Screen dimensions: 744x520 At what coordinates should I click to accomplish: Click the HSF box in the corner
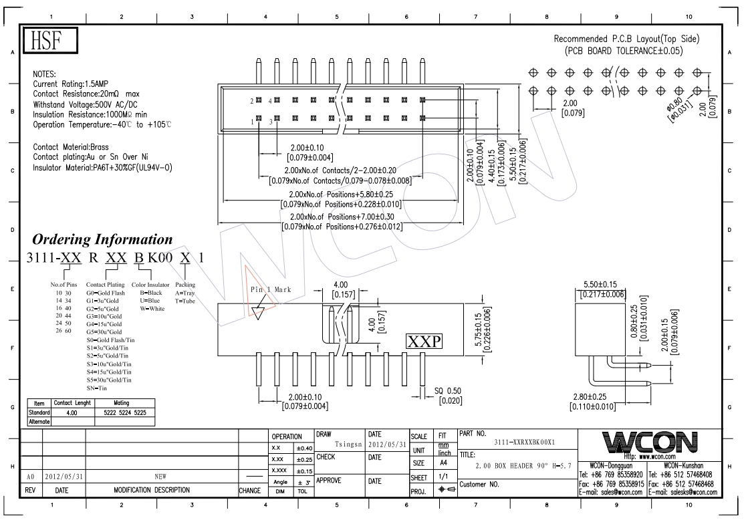(50, 40)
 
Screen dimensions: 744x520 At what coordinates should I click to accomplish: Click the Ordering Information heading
(102, 239)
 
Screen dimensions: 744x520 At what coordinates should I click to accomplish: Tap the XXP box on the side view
(424, 341)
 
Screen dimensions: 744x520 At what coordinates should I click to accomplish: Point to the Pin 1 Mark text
(271, 289)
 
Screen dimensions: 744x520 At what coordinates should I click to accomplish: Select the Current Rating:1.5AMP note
(70, 84)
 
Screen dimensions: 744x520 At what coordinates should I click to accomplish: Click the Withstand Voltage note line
(85, 104)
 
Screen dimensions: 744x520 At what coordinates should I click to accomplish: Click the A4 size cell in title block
(444, 463)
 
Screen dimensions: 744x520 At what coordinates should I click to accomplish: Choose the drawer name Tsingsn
(348, 444)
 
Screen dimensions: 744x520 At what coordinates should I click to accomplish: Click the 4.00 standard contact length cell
(72, 413)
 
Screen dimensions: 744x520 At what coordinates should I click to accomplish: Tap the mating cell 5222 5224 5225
(125, 413)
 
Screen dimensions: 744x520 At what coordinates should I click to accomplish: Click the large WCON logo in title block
(650, 442)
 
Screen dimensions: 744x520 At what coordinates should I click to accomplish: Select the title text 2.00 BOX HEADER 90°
(523, 466)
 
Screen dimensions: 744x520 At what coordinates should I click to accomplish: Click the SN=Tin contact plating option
(97, 388)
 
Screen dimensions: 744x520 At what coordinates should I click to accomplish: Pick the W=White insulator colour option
(152, 308)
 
